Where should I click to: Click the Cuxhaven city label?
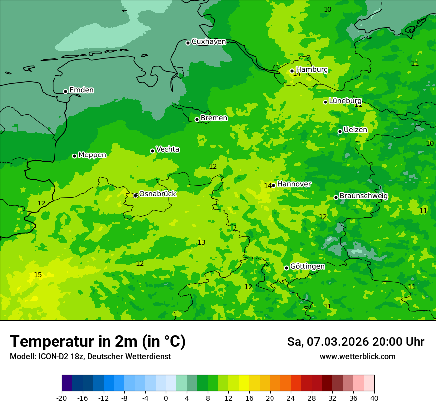(209, 42)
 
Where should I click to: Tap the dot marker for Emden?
(65, 91)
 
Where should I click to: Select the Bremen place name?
(214, 118)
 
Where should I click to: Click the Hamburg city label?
(312, 70)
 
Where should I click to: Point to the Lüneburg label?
(345, 101)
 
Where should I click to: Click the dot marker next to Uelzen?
(340, 131)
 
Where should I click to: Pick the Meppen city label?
(92, 155)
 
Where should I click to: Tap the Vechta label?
(167, 149)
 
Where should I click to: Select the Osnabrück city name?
(158, 194)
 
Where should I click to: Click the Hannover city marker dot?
(273, 185)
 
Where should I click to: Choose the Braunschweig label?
(364, 196)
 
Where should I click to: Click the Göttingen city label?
(307, 266)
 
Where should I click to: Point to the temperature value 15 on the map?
(38, 275)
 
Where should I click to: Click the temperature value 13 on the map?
(201, 242)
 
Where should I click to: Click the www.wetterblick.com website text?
(357, 357)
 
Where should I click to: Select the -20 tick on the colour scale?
(62, 398)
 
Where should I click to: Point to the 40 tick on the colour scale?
(374, 398)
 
